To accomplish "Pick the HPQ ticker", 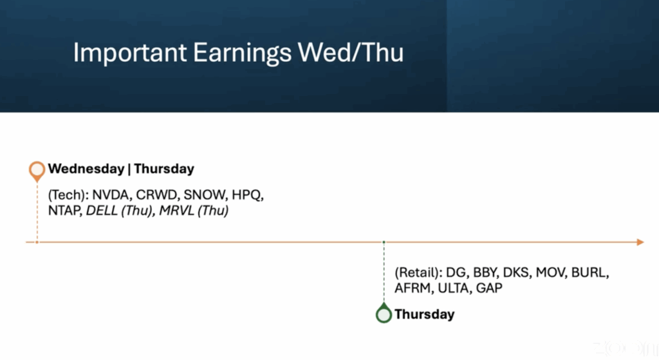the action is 247,195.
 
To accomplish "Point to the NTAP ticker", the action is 64,211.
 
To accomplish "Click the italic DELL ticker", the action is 101,211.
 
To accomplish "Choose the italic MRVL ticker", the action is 176,211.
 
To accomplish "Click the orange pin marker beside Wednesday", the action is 37,170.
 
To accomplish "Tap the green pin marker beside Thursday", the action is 384,313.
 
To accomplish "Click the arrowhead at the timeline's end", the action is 640,242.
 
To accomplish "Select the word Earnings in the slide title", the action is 242,53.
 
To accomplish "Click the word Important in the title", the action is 130,53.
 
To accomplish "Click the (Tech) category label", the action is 68,195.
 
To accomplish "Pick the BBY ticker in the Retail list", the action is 485,272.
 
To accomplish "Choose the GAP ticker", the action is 489,288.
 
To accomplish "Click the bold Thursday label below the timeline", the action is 425,314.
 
